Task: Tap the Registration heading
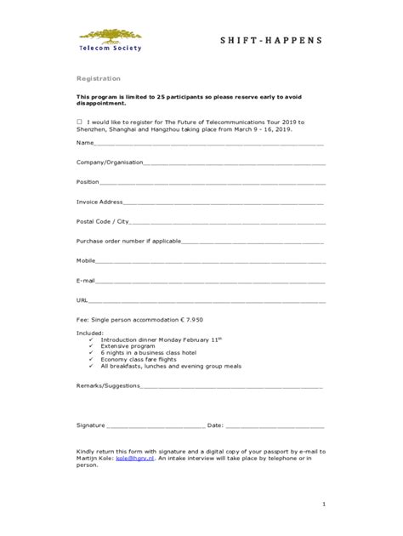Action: pyautogui.click(x=99, y=77)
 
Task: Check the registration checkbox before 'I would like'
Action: pyautogui.click(x=80, y=122)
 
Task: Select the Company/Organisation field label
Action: pyautogui.click(x=110, y=162)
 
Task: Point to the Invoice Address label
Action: pyautogui.click(x=100, y=202)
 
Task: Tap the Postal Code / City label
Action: pyautogui.click(x=102, y=221)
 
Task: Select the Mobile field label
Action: pyautogui.click(x=87, y=260)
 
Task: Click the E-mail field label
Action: pyautogui.click(x=86, y=280)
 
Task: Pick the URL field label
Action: pyautogui.click(x=82, y=300)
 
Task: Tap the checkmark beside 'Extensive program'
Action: pyautogui.click(x=91, y=345)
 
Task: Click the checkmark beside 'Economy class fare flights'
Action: pyautogui.click(x=91, y=359)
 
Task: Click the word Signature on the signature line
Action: pyautogui.click(x=91, y=425)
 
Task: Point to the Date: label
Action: pyautogui.click(x=215, y=425)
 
